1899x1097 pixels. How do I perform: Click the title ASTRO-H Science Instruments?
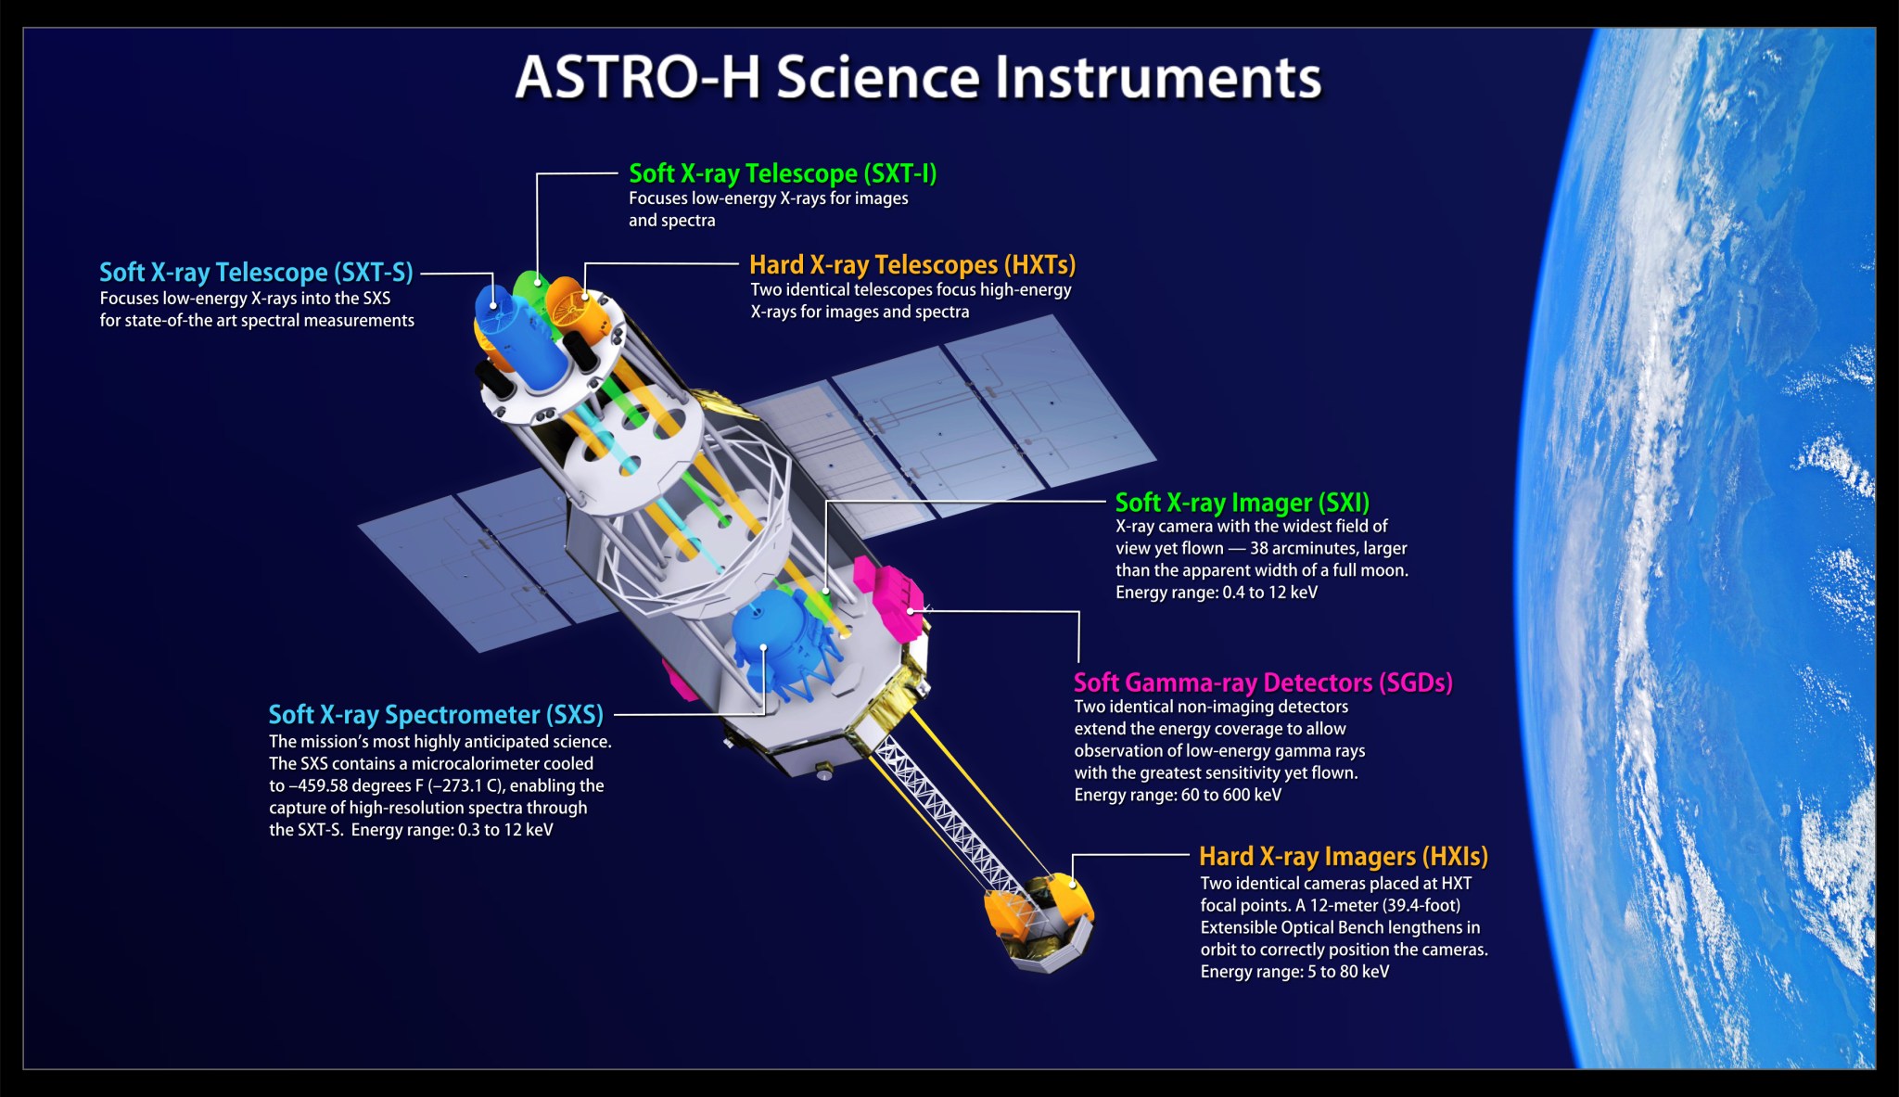(x=918, y=77)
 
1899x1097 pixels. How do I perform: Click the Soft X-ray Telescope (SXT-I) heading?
(x=783, y=173)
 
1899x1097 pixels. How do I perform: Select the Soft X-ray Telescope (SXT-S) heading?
(x=256, y=273)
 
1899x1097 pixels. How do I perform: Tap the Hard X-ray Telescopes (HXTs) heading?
(x=912, y=265)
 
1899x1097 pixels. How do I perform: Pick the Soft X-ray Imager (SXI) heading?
(x=1242, y=503)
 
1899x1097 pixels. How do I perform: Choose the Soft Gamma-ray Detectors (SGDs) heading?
(x=1263, y=682)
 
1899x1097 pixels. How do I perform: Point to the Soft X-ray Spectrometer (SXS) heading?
(x=436, y=715)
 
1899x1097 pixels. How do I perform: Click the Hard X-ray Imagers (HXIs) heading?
(x=1344, y=857)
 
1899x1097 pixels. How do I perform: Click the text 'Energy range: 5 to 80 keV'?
(x=1294, y=972)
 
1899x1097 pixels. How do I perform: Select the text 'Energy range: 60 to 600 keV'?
(x=1178, y=795)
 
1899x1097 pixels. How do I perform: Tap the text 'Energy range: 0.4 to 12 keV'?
(x=1217, y=593)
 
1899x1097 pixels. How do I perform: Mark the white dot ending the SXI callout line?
(x=826, y=591)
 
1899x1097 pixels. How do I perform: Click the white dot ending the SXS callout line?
(x=763, y=647)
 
